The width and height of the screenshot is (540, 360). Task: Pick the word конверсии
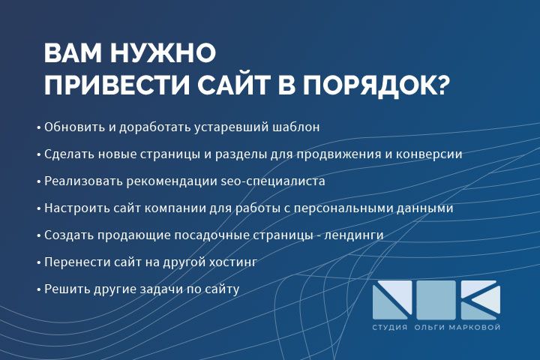pyautogui.click(x=431, y=154)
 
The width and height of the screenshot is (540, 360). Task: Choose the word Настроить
pyautogui.click(x=73, y=208)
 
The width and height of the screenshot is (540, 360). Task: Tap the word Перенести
pyautogui.click(x=75, y=262)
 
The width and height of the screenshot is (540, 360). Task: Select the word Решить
pyautogui.click(x=64, y=289)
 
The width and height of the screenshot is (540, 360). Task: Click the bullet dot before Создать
pyautogui.click(x=38, y=235)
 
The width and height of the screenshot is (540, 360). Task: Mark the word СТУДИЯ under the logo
pyautogui.click(x=390, y=328)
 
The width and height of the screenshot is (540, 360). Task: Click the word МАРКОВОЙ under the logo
pyautogui.click(x=474, y=328)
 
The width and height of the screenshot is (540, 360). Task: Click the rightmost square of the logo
pyautogui.click(x=481, y=298)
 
